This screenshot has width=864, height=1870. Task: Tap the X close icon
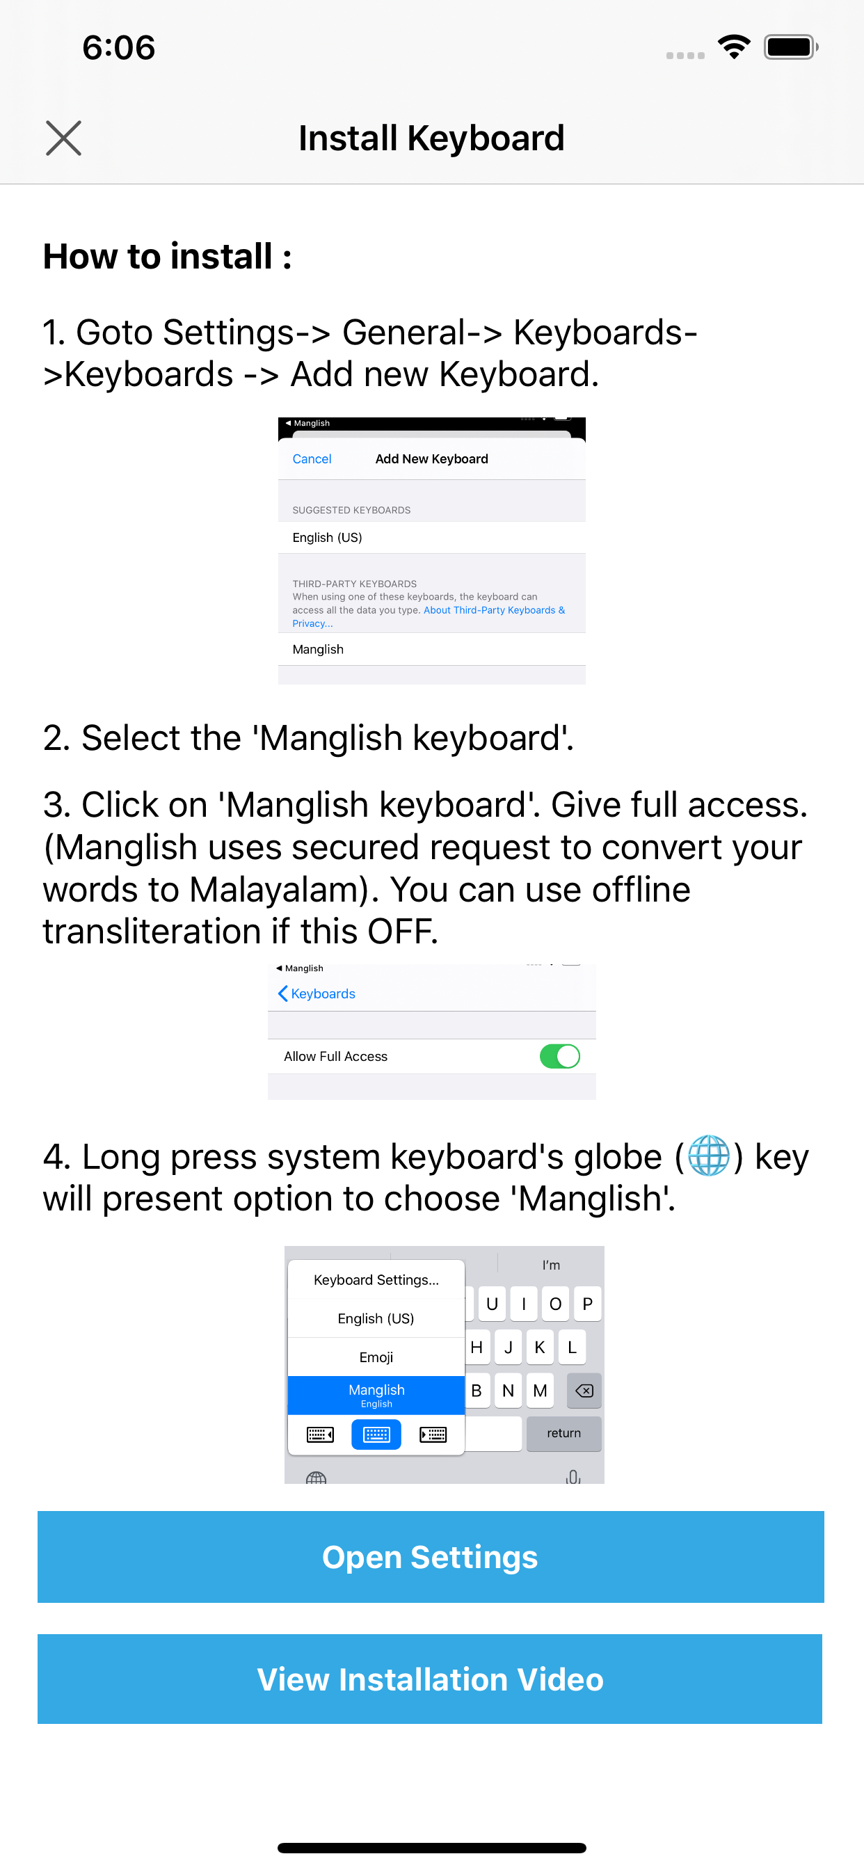[63, 138]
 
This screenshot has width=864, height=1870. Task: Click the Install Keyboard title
[431, 138]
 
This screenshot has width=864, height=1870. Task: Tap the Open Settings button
[431, 1556]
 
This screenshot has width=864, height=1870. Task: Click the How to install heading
[167, 256]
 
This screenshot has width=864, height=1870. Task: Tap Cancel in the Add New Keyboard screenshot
[312, 458]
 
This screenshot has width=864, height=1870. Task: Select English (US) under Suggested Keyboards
[328, 537]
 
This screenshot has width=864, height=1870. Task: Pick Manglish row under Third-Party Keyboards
[318, 649]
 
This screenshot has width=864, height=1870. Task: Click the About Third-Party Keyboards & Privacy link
[494, 611]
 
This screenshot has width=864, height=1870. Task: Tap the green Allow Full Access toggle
[559, 1056]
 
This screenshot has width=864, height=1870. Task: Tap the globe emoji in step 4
[708, 1156]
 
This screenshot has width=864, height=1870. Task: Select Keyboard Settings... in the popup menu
[376, 1280]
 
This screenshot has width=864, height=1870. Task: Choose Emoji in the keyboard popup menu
[376, 1357]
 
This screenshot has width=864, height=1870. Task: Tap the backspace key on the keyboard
[584, 1391]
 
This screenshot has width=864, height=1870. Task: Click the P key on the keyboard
[587, 1304]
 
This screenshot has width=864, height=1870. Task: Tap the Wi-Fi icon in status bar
[734, 47]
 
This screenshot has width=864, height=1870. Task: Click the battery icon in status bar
[790, 47]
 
